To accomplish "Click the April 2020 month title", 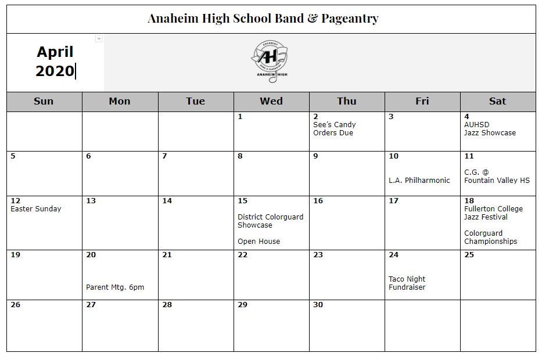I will pos(55,62).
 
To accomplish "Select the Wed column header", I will pos(271,101).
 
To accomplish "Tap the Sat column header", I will pos(497,101).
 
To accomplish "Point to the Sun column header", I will pos(44,101).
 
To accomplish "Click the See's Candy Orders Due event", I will pos(334,129).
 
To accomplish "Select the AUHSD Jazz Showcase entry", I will pos(490,129).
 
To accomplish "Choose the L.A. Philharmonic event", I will pos(419,181).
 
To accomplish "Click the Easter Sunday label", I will pos(35,209).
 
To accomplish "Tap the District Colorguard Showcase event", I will pos(270,221).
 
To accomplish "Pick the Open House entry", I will pos(259,242).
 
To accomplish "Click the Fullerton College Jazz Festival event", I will pos(493,213).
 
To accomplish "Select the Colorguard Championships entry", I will pos(490,237).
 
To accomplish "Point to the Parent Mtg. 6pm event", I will pos(115,287).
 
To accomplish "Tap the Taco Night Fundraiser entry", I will pos(407,283).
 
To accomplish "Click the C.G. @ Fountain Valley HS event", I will pos(497,177).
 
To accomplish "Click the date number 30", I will pos(318,305).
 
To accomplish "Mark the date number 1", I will pos(240,117).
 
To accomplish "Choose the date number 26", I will pos(15,305).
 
